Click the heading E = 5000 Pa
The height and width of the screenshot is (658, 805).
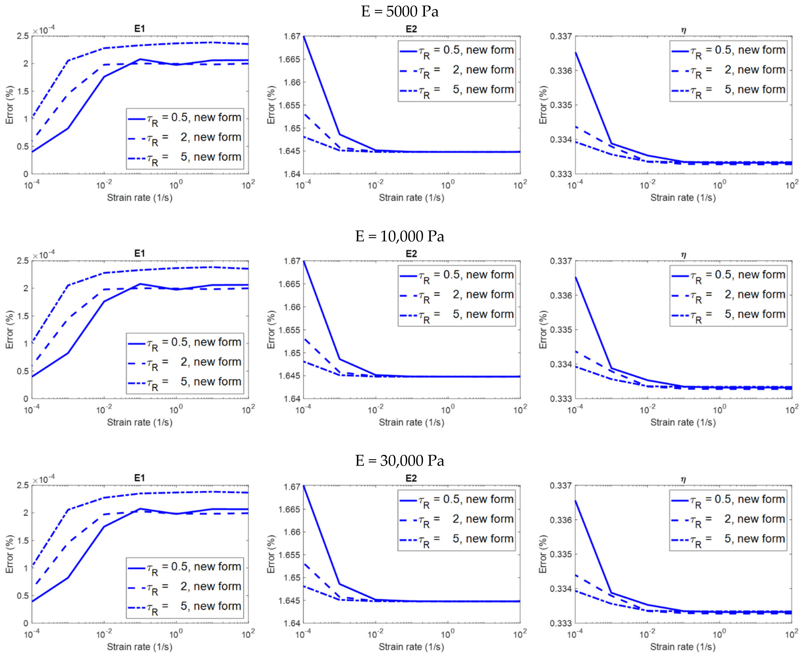coord(400,11)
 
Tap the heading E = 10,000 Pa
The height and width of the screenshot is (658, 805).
coord(400,236)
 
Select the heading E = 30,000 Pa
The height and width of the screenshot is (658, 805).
coord(400,461)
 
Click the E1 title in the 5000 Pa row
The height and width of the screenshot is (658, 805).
coord(140,29)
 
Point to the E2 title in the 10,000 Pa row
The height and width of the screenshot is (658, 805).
coord(411,254)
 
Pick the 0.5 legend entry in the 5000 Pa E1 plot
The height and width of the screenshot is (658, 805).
coord(185,118)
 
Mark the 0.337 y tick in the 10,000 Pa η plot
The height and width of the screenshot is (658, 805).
coord(561,261)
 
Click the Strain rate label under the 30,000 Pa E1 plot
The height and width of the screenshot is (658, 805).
coord(140,647)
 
